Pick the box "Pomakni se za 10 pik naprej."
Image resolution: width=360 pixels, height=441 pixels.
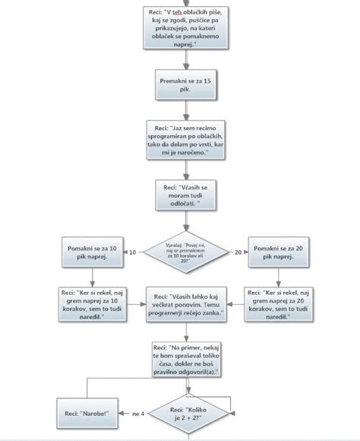click(92, 252)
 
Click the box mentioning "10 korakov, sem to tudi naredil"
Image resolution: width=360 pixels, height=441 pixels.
click(92, 304)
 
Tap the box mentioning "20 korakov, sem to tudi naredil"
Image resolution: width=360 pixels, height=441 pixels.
click(276, 304)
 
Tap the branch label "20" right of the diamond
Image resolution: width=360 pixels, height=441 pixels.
click(238, 252)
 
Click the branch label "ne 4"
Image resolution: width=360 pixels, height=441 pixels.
click(137, 414)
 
